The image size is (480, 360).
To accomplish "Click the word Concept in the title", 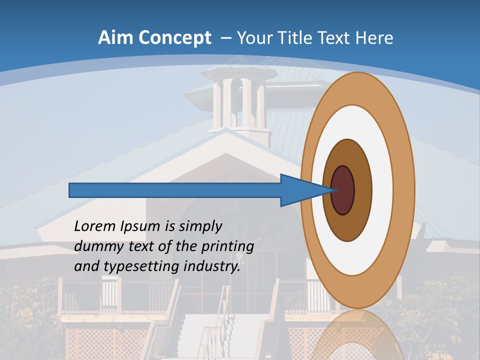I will click(x=174, y=37).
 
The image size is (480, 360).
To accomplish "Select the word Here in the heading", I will click(x=374, y=37).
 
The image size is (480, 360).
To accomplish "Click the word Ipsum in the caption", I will click(x=140, y=227).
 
